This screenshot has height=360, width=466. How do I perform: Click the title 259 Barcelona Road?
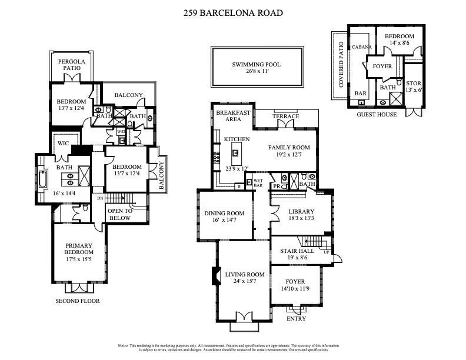234,13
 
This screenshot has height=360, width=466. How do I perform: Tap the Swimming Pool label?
256,64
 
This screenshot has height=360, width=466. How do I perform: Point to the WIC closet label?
64,142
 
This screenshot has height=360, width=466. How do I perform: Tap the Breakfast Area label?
229,115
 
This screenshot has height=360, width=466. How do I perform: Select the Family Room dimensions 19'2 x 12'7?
289,155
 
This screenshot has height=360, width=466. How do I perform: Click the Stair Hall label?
297,251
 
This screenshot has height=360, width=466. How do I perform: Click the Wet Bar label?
258,183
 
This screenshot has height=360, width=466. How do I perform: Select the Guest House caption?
377,114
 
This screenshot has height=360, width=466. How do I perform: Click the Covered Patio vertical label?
341,65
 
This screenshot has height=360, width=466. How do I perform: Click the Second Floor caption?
78,301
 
